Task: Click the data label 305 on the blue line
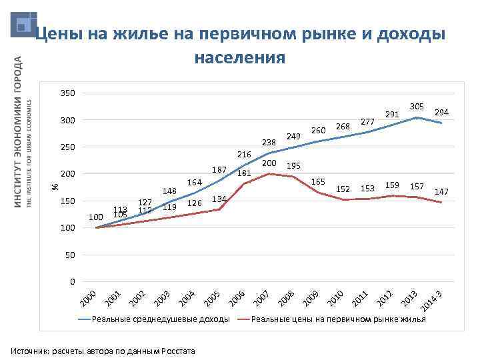[x=417, y=107]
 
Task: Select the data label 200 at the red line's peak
[x=269, y=163]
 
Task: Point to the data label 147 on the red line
[x=441, y=192]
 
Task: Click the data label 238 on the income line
[x=269, y=142]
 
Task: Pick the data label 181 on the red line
[x=244, y=173]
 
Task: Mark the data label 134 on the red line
[x=219, y=199]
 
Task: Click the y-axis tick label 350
[x=67, y=93]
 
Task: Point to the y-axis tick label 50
[x=69, y=255]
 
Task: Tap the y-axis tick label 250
[x=67, y=147]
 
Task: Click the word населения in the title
[x=239, y=58]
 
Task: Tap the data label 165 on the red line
[x=318, y=182]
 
